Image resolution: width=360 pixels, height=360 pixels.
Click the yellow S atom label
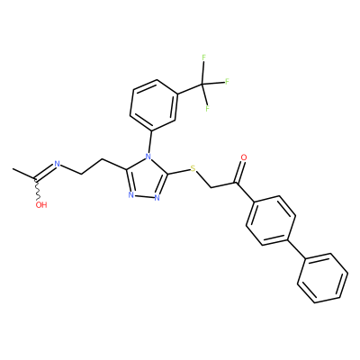(193, 169)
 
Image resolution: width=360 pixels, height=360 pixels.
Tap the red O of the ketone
(244, 157)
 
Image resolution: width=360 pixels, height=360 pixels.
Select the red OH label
(41, 205)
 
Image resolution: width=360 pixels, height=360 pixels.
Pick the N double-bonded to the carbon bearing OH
(57, 164)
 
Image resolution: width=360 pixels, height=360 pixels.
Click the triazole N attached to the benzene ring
(148, 157)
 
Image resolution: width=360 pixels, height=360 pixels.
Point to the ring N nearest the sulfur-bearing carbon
(157, 198)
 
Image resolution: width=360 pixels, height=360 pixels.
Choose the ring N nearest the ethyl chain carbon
(130, 195)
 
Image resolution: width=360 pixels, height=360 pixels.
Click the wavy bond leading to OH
(38, 191)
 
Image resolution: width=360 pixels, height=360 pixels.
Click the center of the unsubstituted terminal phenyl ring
(323, 278)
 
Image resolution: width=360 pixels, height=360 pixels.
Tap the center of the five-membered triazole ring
(147, 179)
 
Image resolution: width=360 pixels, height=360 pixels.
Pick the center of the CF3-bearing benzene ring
(154, 105)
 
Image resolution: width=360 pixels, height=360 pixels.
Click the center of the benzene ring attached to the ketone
(271, 220)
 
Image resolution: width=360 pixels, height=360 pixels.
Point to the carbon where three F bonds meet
(202, 84)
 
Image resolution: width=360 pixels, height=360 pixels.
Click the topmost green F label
(204, 58)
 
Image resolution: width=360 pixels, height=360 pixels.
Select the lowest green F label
(207, 108)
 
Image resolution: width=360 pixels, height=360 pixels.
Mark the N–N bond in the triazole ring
(144, 197)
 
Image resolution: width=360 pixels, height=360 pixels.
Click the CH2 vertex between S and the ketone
(211, 188)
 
